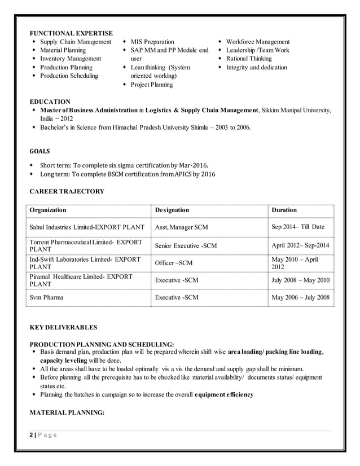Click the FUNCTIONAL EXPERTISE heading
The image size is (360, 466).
pyautogui.click(x=71, y=33)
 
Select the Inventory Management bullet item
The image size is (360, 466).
pyautogui.click(x=71, y=59)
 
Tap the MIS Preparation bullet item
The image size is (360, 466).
pyautogui.click(x=152, y=42)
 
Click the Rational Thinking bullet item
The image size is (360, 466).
pyautogui.click(x=249, y=59)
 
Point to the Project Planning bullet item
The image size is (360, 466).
pyautogui.click(x=152, y=85)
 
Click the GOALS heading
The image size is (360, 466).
pyautogui.click(x=39, y=151)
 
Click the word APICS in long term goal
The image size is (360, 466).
pyautogui.click(x=177, y=174)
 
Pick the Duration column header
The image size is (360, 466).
pyautogui.click(x=284, y=210)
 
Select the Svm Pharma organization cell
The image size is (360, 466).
pyautogui.click(x=46, y=297)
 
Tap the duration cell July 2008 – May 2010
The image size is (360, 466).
pyautogui.click(x=300, y=280)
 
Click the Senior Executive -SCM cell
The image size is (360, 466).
pyautogui.click(x=186, y=246)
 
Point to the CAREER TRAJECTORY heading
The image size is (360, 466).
pyautogui.click(x=67, y=191)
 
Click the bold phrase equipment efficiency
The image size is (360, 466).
pyautogui.click(x=223, y=394)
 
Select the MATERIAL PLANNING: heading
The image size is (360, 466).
pyautogui.click(x=67, y=412)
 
